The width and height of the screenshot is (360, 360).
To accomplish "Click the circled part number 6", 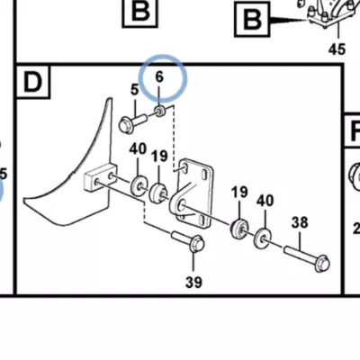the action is (x=159, y=77).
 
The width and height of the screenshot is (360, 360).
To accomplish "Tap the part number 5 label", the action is (x=135, y=90).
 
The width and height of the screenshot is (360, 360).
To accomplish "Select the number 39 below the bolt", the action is (x=193, y=282).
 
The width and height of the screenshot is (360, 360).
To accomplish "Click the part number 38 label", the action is (x=300, y=222).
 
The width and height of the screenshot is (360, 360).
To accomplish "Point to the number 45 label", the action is (x=337, y=49).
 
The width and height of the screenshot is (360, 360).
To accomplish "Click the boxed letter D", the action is (x=32, y=82).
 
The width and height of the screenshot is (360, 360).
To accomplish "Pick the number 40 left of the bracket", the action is (x=138, y=149).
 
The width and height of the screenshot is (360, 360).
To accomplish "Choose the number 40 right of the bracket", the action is (x=265, y=201).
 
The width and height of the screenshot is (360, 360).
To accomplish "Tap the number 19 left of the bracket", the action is (x=159, y=156).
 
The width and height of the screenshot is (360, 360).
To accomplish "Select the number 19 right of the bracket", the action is (x=239, y=193).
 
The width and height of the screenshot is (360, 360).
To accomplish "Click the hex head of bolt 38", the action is (x=322, y=264).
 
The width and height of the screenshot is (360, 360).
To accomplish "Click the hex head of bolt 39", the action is (x=197, y=244).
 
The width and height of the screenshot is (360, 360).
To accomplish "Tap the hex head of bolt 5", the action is (x=125, y=125).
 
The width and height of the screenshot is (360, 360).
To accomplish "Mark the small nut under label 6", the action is (x=160, y=112).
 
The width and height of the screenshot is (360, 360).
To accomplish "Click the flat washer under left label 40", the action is (x=138, y=186).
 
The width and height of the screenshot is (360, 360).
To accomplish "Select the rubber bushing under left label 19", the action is (x=157, y=193).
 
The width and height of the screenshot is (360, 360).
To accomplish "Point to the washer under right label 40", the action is (x=262, y=239).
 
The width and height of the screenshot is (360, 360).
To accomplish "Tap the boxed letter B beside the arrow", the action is (x=252, y=20).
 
